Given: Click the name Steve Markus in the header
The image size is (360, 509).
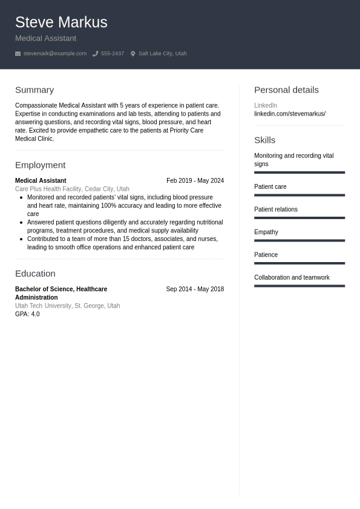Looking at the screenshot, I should [x=61, y=22].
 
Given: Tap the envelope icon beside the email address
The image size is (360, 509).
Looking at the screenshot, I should [x=18, y=54].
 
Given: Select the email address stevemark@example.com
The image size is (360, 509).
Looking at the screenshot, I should [x=54, y=54].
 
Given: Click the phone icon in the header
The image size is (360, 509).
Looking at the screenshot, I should [x=95, y=54].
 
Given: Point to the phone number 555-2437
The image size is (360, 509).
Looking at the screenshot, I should [x=112, y=54].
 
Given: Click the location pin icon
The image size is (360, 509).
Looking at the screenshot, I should [x=133, y=54].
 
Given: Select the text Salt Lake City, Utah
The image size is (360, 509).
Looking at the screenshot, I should [x=162, y=54].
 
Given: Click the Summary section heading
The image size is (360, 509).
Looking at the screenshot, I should [x=34, y=90].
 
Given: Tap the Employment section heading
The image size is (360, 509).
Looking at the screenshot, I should [x=40, y=165].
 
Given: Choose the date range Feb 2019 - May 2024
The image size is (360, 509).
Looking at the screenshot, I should [x=195, y=180].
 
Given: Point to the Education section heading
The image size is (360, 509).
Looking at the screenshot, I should [x=35, y=274].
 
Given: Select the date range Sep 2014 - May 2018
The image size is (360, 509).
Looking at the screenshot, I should [x=195, y=289].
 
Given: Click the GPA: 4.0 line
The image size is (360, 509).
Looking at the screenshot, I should [x=27, y=314].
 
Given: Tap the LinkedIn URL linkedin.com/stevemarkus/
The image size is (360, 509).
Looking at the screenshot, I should [x=289, y=114].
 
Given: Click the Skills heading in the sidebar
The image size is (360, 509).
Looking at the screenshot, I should [x=264, y=140].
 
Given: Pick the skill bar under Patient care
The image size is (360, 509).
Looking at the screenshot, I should [x=299, y=195].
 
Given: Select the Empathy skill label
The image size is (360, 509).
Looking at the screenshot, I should [x=266, y=232].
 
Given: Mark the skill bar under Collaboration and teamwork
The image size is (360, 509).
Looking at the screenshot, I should [x=299, y=286].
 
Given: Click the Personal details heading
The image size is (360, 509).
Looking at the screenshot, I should [x=286, y=90].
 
